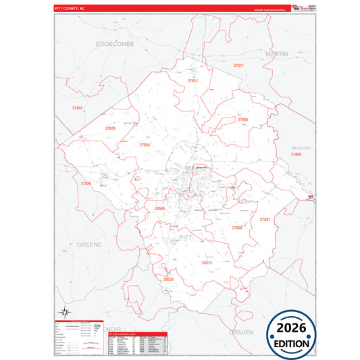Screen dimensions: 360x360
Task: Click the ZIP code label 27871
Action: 238,66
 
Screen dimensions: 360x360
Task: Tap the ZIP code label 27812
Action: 192,80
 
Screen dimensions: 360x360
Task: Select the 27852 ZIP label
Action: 78,108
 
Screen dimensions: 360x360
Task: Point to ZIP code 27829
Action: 110,128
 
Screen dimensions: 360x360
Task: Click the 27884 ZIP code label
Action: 242,120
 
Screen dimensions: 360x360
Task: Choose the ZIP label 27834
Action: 145,145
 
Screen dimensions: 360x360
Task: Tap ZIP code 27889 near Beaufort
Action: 296,155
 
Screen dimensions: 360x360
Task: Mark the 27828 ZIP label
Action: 86,183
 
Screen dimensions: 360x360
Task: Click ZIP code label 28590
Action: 160,209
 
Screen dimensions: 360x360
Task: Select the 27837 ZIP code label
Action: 265,220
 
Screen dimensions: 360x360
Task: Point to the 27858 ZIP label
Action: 236,228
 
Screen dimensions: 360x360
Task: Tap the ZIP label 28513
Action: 207,262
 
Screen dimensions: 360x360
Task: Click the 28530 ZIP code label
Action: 168,279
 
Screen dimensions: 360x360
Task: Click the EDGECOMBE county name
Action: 115,43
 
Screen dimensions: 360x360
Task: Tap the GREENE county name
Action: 89,244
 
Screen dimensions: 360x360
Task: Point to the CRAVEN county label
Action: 241,332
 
